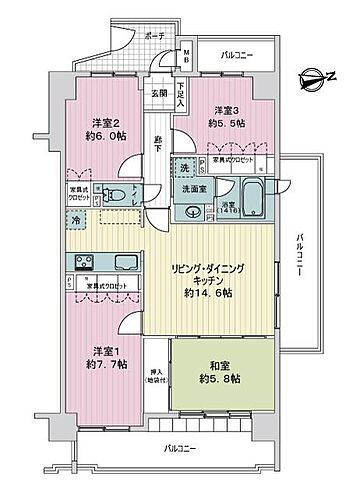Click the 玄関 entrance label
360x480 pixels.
(x=160, y=93)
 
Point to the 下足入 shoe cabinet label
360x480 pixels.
(x=181, y=96)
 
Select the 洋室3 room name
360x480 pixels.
(x=224, y=111)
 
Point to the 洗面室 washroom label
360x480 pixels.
(x=194, y=187)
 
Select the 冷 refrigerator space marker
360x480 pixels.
(x=76, y=217)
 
